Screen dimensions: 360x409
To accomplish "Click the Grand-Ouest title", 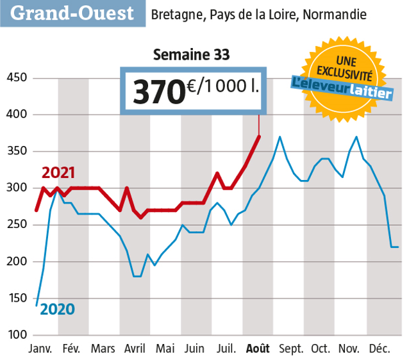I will coord(72,13).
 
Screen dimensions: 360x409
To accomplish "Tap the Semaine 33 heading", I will coord(191,55).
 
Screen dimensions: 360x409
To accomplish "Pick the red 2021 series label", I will coord(58,173).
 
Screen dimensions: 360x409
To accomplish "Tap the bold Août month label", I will coord(258,349).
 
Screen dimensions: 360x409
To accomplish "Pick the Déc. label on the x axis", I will coord(380,349).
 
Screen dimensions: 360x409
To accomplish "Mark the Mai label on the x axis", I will coord(165,349).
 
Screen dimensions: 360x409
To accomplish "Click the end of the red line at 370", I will coord(258,136).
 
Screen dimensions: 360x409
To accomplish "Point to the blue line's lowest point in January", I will coord(36,306).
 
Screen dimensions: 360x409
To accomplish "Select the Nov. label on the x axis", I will coord(349,349).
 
